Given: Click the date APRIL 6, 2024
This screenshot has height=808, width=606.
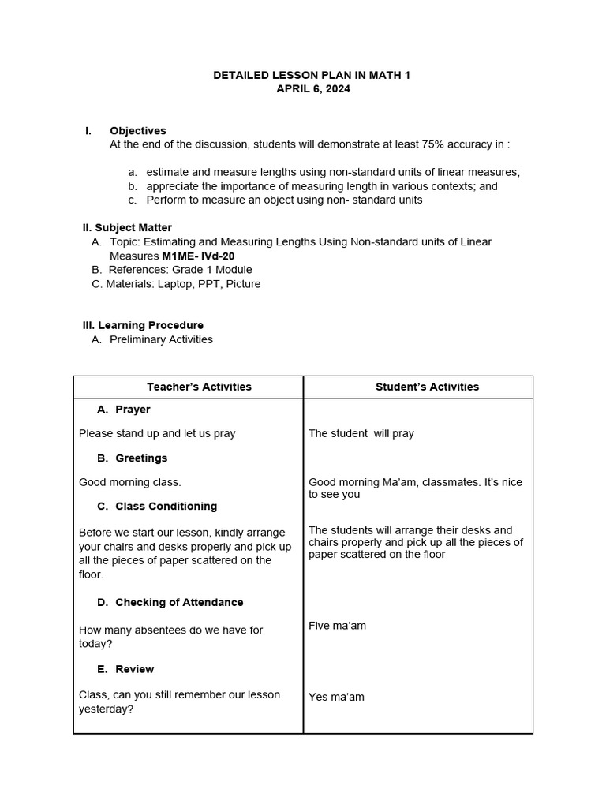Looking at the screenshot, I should tap(312, 89).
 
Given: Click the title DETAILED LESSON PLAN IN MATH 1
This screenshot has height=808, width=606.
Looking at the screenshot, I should tap(312, 75).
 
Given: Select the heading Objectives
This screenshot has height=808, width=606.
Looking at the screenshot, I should tap(138, 130).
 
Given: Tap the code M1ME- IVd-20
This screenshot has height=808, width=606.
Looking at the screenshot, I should tap(198, 256).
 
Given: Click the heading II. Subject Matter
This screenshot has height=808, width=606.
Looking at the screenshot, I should tap(127, 227).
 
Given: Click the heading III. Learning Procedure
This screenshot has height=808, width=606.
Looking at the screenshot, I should tap(143, 325).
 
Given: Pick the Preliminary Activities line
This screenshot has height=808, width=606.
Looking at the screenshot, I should tap(161, 339).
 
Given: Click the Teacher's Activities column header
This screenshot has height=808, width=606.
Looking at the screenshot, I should tap(199, 387).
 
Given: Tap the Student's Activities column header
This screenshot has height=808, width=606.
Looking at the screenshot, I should tap(427, 387).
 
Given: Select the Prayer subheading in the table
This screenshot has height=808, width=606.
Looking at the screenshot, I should tap(132, 410).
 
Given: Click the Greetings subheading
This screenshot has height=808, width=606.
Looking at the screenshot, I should tap(140, 458).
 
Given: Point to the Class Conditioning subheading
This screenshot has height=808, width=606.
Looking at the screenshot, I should tap(166, 506).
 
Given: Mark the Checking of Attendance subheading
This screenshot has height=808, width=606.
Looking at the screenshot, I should tap(178, 602).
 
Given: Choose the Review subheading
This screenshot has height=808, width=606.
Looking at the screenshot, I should tap(134, 669).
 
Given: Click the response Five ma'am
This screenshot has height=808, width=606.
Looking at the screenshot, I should tap(337, 626).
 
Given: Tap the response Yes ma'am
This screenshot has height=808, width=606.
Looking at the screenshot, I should tap(336, 697).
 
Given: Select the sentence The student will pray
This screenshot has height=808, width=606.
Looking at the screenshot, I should tap(361, 433).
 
